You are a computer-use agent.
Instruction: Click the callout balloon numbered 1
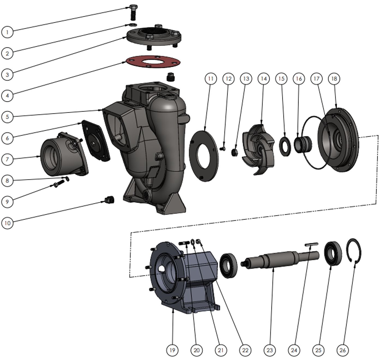pyautogui.click(x=7, y=32)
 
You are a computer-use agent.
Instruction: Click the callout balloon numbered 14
pyautogui.click(x=264, y=79)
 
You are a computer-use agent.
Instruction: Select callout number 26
pyautogui.click(x=343, y=350)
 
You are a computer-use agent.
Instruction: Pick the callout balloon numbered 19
pyautogui.click(x=172, y=350)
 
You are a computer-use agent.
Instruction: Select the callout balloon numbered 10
pyautogui.click(x=7, y=223)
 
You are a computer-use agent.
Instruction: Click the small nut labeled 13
pyautogui.click(x=234, y=152)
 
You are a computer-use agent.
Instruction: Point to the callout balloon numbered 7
pyautogui.click(x=7, y=159)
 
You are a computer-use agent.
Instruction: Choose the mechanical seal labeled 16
pyautogui.click(x=302, y=142)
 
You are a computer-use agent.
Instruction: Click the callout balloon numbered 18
pyautogui.click(x=334, y=79)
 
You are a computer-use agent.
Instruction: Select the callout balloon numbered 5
pyautogui.click(x=7, y=117)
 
